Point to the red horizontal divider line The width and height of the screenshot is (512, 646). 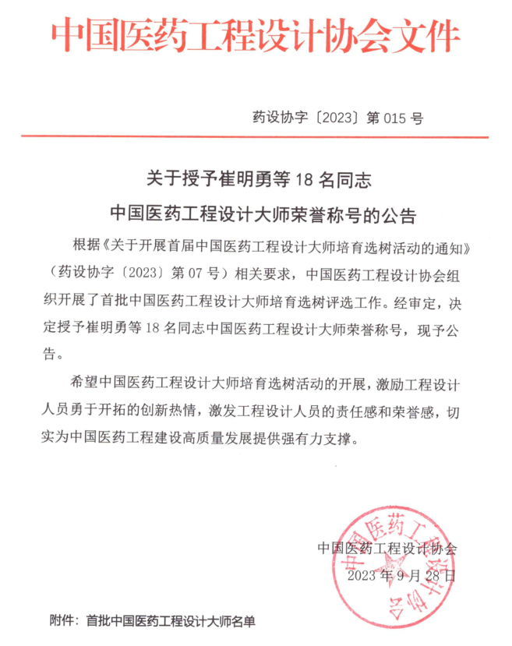click(255, 138)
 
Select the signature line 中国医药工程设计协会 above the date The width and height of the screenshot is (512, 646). click(387, 548)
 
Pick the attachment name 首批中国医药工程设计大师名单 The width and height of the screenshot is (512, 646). click(171, 621)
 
